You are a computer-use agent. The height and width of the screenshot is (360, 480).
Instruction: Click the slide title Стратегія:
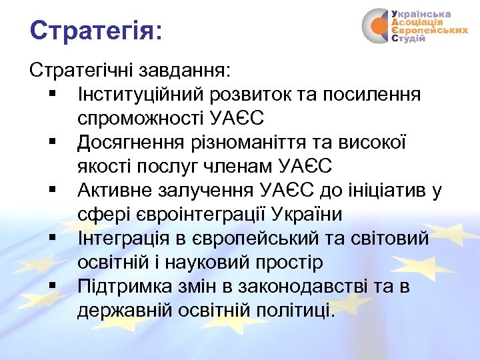coord(96,30)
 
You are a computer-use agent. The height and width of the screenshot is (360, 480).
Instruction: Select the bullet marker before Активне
coord(53,191)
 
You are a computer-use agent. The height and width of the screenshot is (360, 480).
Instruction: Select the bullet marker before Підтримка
coord(53,287)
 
